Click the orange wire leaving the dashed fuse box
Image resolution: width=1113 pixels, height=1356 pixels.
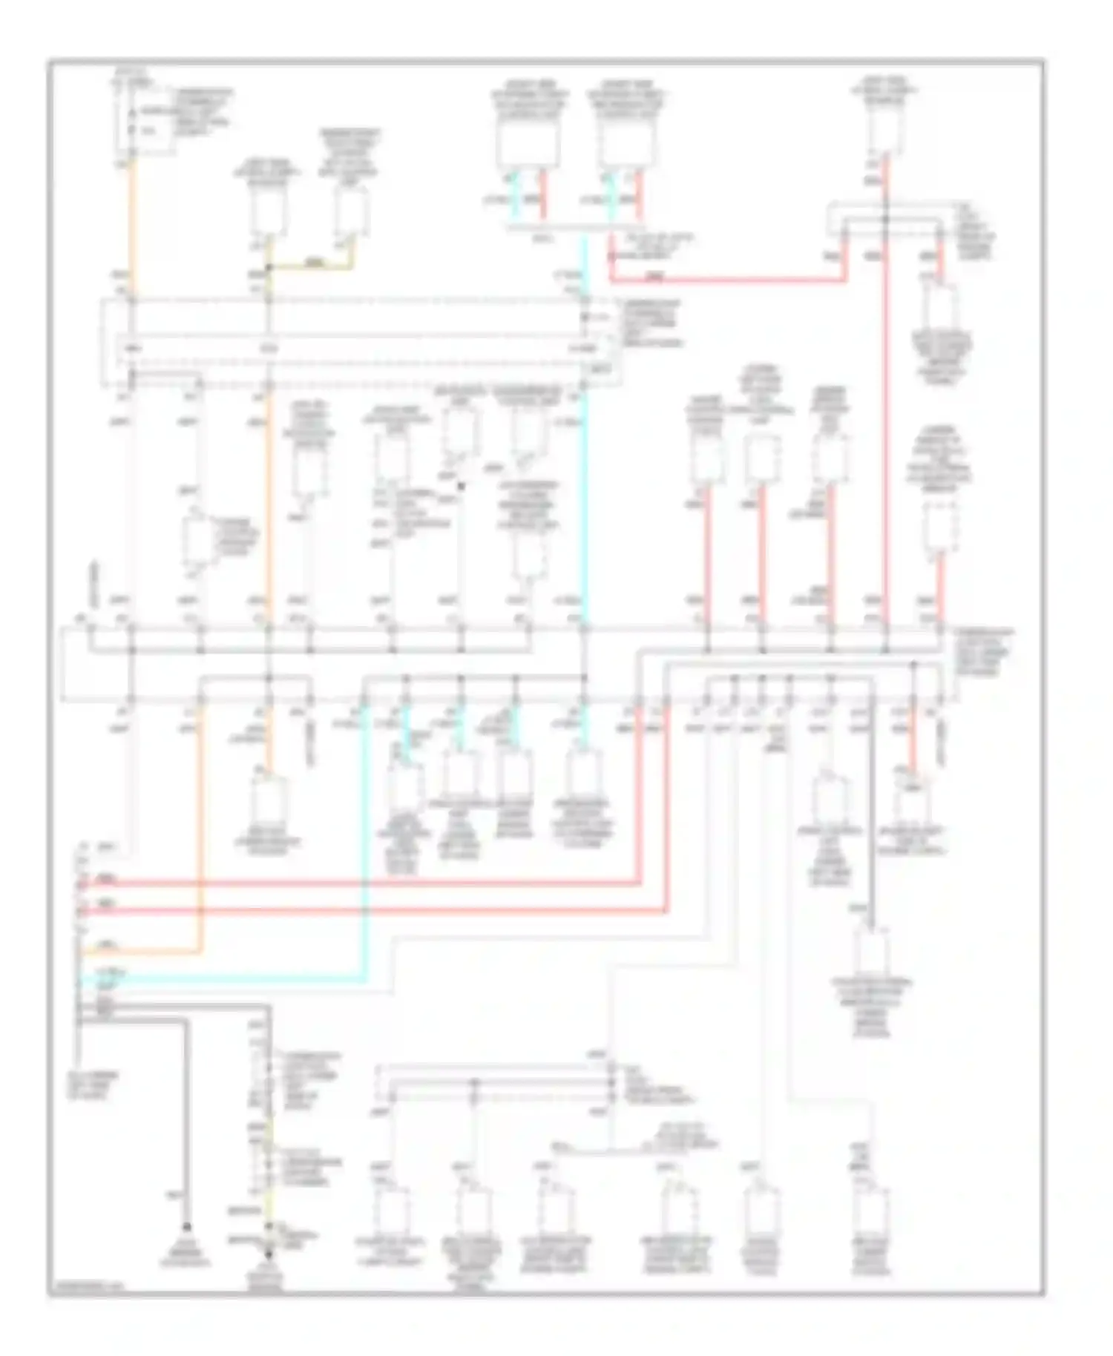(x=134, y=223)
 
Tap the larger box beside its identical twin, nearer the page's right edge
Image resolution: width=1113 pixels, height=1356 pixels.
(x=627, y=145)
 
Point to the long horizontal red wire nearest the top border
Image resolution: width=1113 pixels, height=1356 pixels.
(x=727, y=280)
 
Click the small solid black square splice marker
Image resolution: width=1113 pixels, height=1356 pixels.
(x=461, y=486)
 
